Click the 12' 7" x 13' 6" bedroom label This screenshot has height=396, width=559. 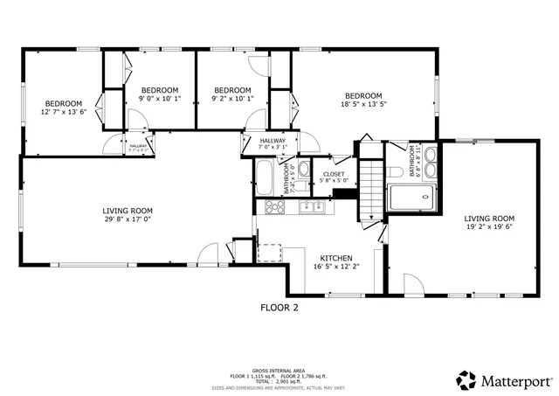[x=63, y=108]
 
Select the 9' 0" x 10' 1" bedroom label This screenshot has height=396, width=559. [x=160, y=94]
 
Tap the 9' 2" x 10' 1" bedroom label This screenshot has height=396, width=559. [x=232, y=94]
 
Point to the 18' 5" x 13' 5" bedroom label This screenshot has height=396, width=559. [x=363, y=100]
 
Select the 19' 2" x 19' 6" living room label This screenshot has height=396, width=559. [x=489, y=222]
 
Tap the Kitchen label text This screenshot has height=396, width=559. [x=336, y=261]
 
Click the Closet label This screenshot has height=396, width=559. [x=334, y=177]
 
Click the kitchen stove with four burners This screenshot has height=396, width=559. [x=274, y=207]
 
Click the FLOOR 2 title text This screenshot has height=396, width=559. [x=279, y=308]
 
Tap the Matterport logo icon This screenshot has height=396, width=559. [x=466, y=381]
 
